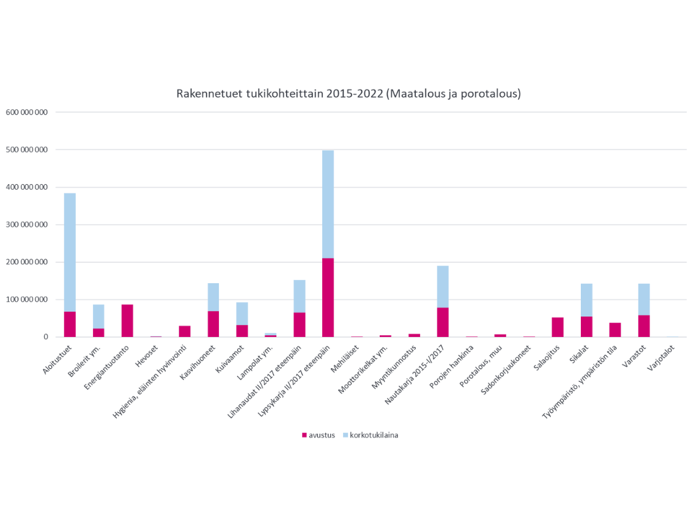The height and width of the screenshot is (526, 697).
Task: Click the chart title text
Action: (x=348, y=94)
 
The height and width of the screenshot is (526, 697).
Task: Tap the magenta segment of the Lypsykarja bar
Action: (x=328, y=297)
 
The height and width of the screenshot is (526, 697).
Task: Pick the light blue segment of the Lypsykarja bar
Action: (x=328, y=204)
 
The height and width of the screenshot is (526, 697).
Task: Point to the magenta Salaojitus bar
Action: (x=558, y=327)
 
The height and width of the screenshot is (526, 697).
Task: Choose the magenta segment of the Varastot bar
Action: (x=644, y=326)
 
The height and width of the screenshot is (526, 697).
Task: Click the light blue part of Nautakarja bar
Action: (x=443, y=286)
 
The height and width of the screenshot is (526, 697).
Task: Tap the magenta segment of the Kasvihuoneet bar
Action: (x=213, y=324)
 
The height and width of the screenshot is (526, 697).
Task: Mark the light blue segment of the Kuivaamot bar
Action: (x=242, y=313)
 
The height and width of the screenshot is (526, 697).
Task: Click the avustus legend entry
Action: (x=319, y=435)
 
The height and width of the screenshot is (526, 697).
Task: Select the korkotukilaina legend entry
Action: (x=369, y=435)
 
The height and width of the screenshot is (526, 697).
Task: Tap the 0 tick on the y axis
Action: (x=45, y=337)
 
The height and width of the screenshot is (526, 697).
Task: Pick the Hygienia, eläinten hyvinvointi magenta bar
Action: (x=185, y=331)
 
